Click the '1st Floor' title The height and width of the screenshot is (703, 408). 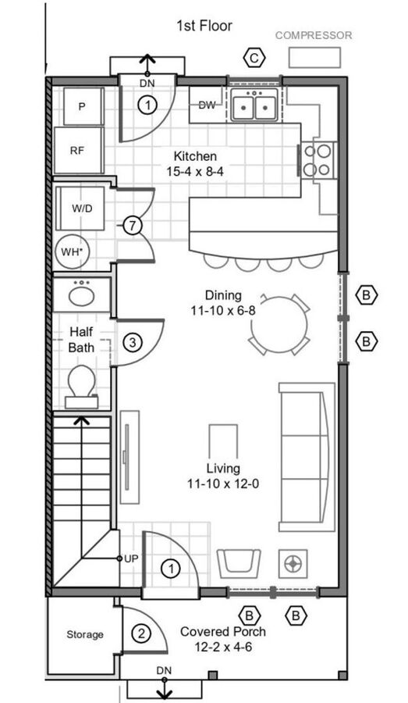pos(204,26)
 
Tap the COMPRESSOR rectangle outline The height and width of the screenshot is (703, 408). pos(314,48)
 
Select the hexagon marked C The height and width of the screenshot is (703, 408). pos(254,58)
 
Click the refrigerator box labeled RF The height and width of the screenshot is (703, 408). pos(79,150)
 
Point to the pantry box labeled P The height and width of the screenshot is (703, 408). pos(83,106)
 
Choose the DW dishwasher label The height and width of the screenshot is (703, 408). pos(207,105)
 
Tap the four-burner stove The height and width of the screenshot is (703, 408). pos(318,160)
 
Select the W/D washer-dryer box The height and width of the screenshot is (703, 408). pos(81,208)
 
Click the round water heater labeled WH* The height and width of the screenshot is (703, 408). pos(73,251)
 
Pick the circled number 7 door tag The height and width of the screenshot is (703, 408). pos(132,226)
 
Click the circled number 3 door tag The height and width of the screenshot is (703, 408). pos(132,343)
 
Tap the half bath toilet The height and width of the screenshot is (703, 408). pos(81,387)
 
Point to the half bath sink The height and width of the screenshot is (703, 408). pos(81,294)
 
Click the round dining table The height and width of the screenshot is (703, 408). pos(279,325)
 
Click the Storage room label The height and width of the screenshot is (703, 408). pos(85,634)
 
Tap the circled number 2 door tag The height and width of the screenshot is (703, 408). pos(141,634)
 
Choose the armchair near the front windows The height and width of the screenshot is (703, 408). pos(239,563)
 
